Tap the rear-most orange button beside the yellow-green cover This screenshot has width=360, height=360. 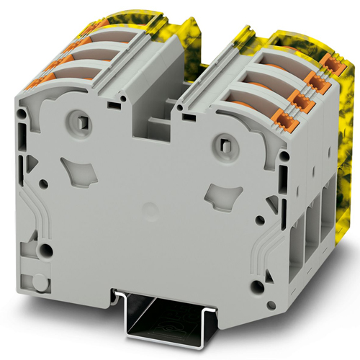[x=333, y=64]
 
